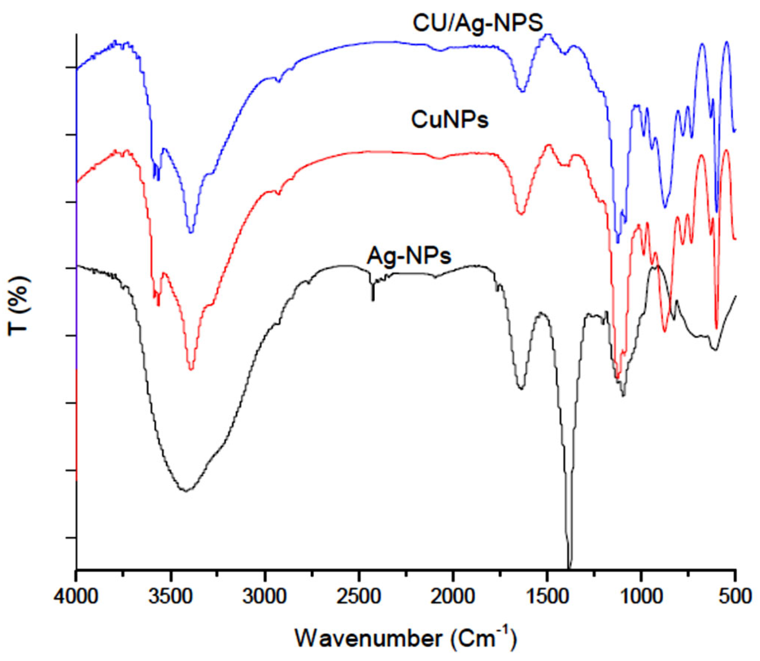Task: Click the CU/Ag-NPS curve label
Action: [478, 23]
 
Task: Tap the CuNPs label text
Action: [450, 119]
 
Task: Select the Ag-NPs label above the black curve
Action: [409, 256]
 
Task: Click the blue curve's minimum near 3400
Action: [191, 232]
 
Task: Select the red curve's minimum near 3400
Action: [191, 368]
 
